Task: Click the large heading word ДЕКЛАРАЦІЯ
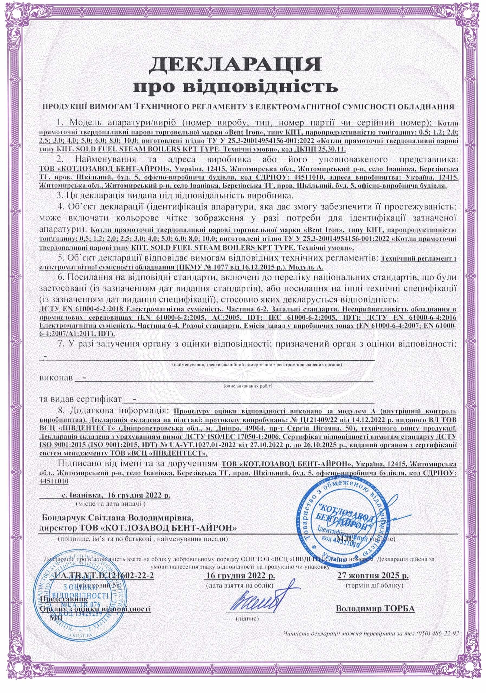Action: (235, 64)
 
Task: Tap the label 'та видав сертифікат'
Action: (80, 399)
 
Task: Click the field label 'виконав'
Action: (56, 378)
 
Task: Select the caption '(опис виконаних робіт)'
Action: (247, 386)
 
